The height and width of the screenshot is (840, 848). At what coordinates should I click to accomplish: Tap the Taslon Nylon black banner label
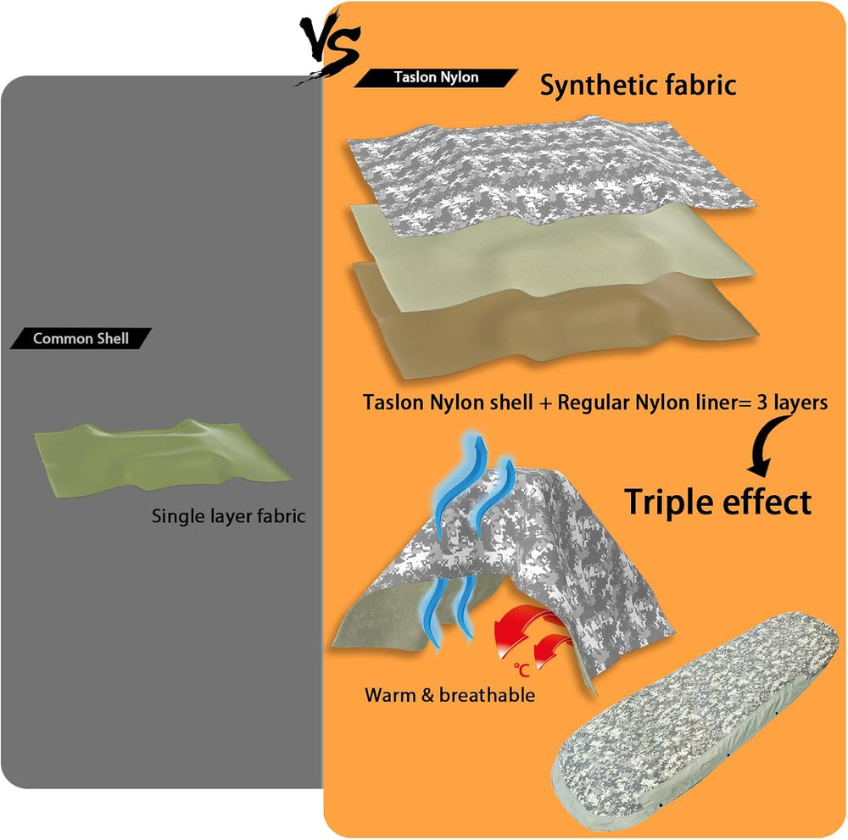tap(436, 78)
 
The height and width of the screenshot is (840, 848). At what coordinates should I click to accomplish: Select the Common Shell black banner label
tap(81, 339)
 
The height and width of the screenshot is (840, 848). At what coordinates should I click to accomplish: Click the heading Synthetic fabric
tap(639, 86)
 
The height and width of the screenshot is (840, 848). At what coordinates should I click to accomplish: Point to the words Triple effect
tap(717, 502)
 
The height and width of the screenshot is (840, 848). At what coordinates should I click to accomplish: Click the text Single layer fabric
tap(228, 516)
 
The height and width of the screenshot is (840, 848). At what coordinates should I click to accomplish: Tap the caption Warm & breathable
tap(450, 695)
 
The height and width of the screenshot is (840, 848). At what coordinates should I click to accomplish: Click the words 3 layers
tap(792, 403)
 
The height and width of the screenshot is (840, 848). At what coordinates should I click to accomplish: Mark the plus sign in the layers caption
tap(545, 403)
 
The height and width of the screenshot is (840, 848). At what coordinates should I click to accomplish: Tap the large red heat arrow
tap(519, 630)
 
